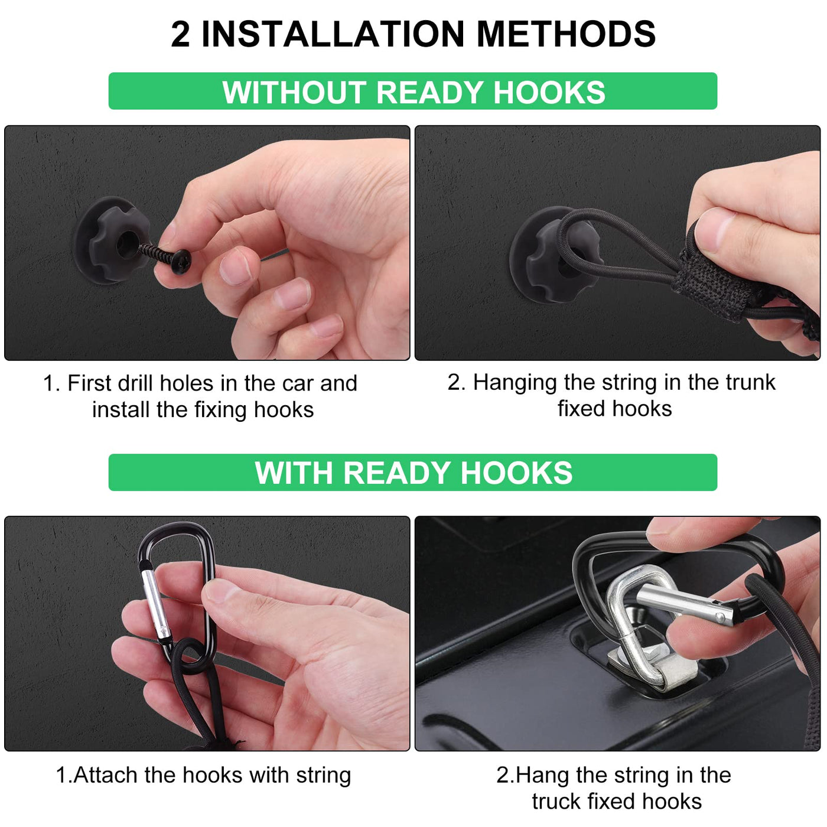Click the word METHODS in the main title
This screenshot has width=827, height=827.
[x=566, y=34]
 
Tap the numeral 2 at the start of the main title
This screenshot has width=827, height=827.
[x=180, y=34]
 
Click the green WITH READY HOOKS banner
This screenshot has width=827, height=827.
[x=412, y=473]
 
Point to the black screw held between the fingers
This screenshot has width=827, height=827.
[x=165, y=256]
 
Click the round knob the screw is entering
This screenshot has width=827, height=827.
[x=112, y=240]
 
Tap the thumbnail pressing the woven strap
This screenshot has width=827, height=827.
[x=712, y=230]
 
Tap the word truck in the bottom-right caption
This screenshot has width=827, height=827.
[x=556, y=801]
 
